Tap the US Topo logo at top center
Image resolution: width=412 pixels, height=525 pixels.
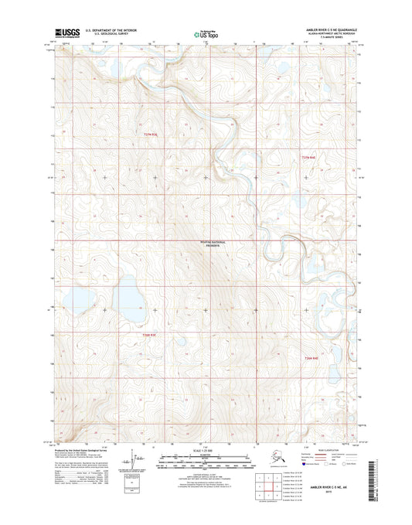[205, 33]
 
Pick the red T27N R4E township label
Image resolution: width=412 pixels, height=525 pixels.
[308, 156]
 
